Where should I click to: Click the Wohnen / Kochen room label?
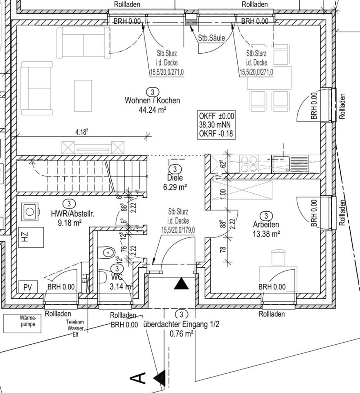point(152,100)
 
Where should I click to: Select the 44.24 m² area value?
point(152,109)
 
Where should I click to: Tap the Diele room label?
point(175,178)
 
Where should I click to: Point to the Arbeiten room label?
point(266,225)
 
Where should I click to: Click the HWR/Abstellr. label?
point(73,213)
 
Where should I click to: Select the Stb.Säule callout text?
point(211,38)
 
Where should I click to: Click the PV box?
point(27,287)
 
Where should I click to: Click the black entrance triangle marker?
point(181,284)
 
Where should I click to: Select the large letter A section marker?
point(139,377)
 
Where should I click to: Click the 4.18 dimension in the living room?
point(82,132)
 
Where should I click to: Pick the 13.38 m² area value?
point(266,234)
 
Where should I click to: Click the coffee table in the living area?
point(83,95)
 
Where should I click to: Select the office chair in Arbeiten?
point(278,258)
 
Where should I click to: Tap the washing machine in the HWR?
point(30,212)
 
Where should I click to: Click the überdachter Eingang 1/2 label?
point(181,325)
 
